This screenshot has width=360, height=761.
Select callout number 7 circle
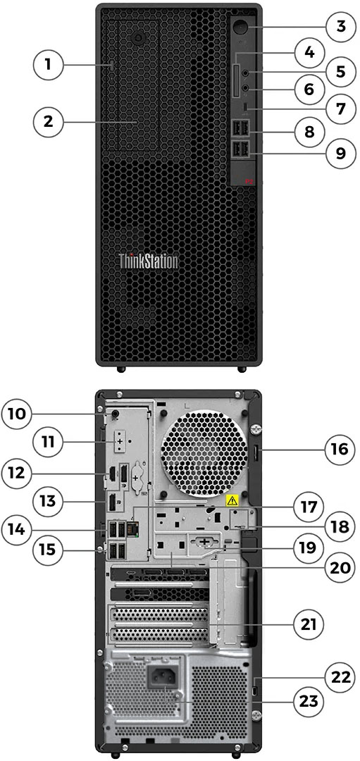tap(341, 109)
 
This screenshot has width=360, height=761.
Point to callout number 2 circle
tap(49, 121)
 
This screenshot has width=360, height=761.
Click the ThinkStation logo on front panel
tap(148, 261)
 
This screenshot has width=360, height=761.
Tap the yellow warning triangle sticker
tap(230, 501)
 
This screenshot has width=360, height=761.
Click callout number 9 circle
tap(341, 154)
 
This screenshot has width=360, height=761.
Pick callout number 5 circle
tap(341, 71)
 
